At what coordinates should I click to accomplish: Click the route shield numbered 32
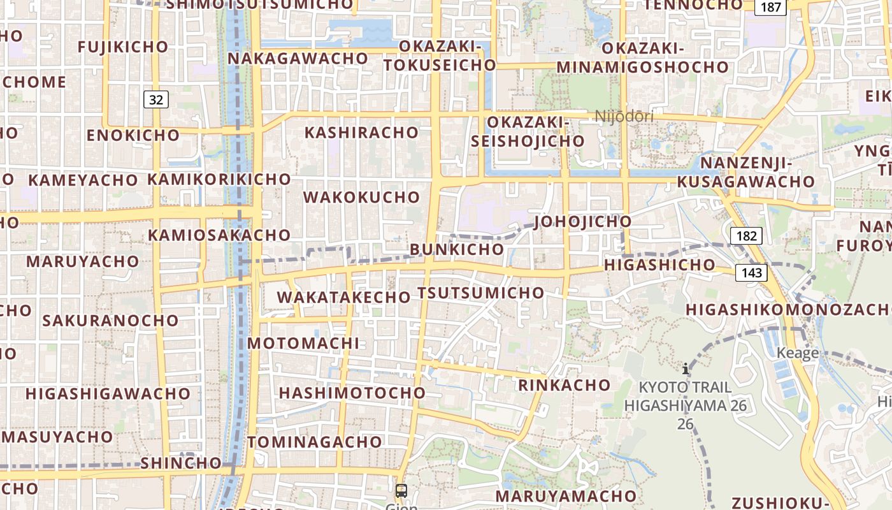pyautogui.click(x=156, y=99)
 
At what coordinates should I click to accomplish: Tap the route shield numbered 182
pyautogui.click(x=746, y=236)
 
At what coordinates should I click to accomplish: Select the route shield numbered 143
pyautogui.click(x=751, y=273)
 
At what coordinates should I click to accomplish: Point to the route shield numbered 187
pyautogui.click(x=771, y=7)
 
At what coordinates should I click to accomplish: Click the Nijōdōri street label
pyautogui.click(x=624, y=116)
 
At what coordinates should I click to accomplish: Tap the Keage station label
pyautogui.click(x=797, y=353)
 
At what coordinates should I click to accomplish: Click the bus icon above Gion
pyautogui.click(x=401, y=491)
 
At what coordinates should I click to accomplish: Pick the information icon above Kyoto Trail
pyautogui.click(x=686, y=368)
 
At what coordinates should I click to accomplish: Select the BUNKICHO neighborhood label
pyautogui.click(x=457, y=249)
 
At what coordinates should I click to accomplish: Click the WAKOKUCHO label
pyautogui.click(x=361, y=197)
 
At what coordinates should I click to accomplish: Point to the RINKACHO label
pyautogui.click(x=564, y=385)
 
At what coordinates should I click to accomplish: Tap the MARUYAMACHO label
pyautogui.click(x=566, y=495)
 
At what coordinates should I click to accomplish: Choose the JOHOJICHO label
pyautogui.click(x=583, y=222)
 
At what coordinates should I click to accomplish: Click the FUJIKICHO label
pyautogui.click(x=123, y=47)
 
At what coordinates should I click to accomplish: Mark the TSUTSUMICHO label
pyautogui.click(x=481, y=293)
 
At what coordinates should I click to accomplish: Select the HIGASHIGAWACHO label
pyautogui.click(x=108, y=393)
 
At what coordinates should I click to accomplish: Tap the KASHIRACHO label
pyautogui.click(x=361, y=133)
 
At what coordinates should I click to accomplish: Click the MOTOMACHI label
pyautogui.click(x=303, y=343)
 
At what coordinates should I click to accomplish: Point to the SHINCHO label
pyautogui.click(x=180, y=463)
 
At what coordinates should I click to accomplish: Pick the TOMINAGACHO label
pyautogui.click(x=315, y=442)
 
